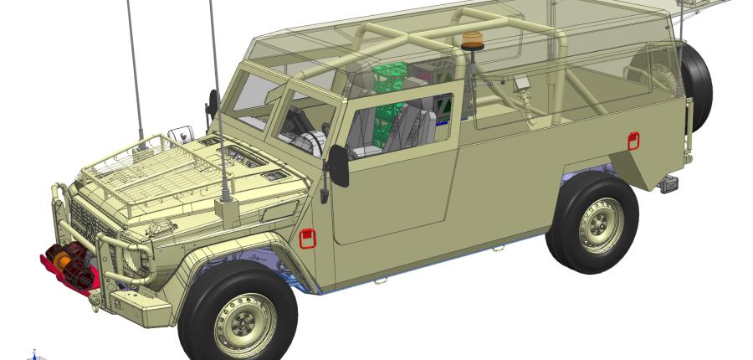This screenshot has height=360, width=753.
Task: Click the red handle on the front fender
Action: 308,239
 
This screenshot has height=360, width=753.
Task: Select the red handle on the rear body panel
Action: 633,141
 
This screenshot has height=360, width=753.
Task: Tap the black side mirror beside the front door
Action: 339,165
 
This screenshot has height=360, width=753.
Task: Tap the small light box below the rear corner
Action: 668,185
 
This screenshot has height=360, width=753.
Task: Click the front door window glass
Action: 402,126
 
